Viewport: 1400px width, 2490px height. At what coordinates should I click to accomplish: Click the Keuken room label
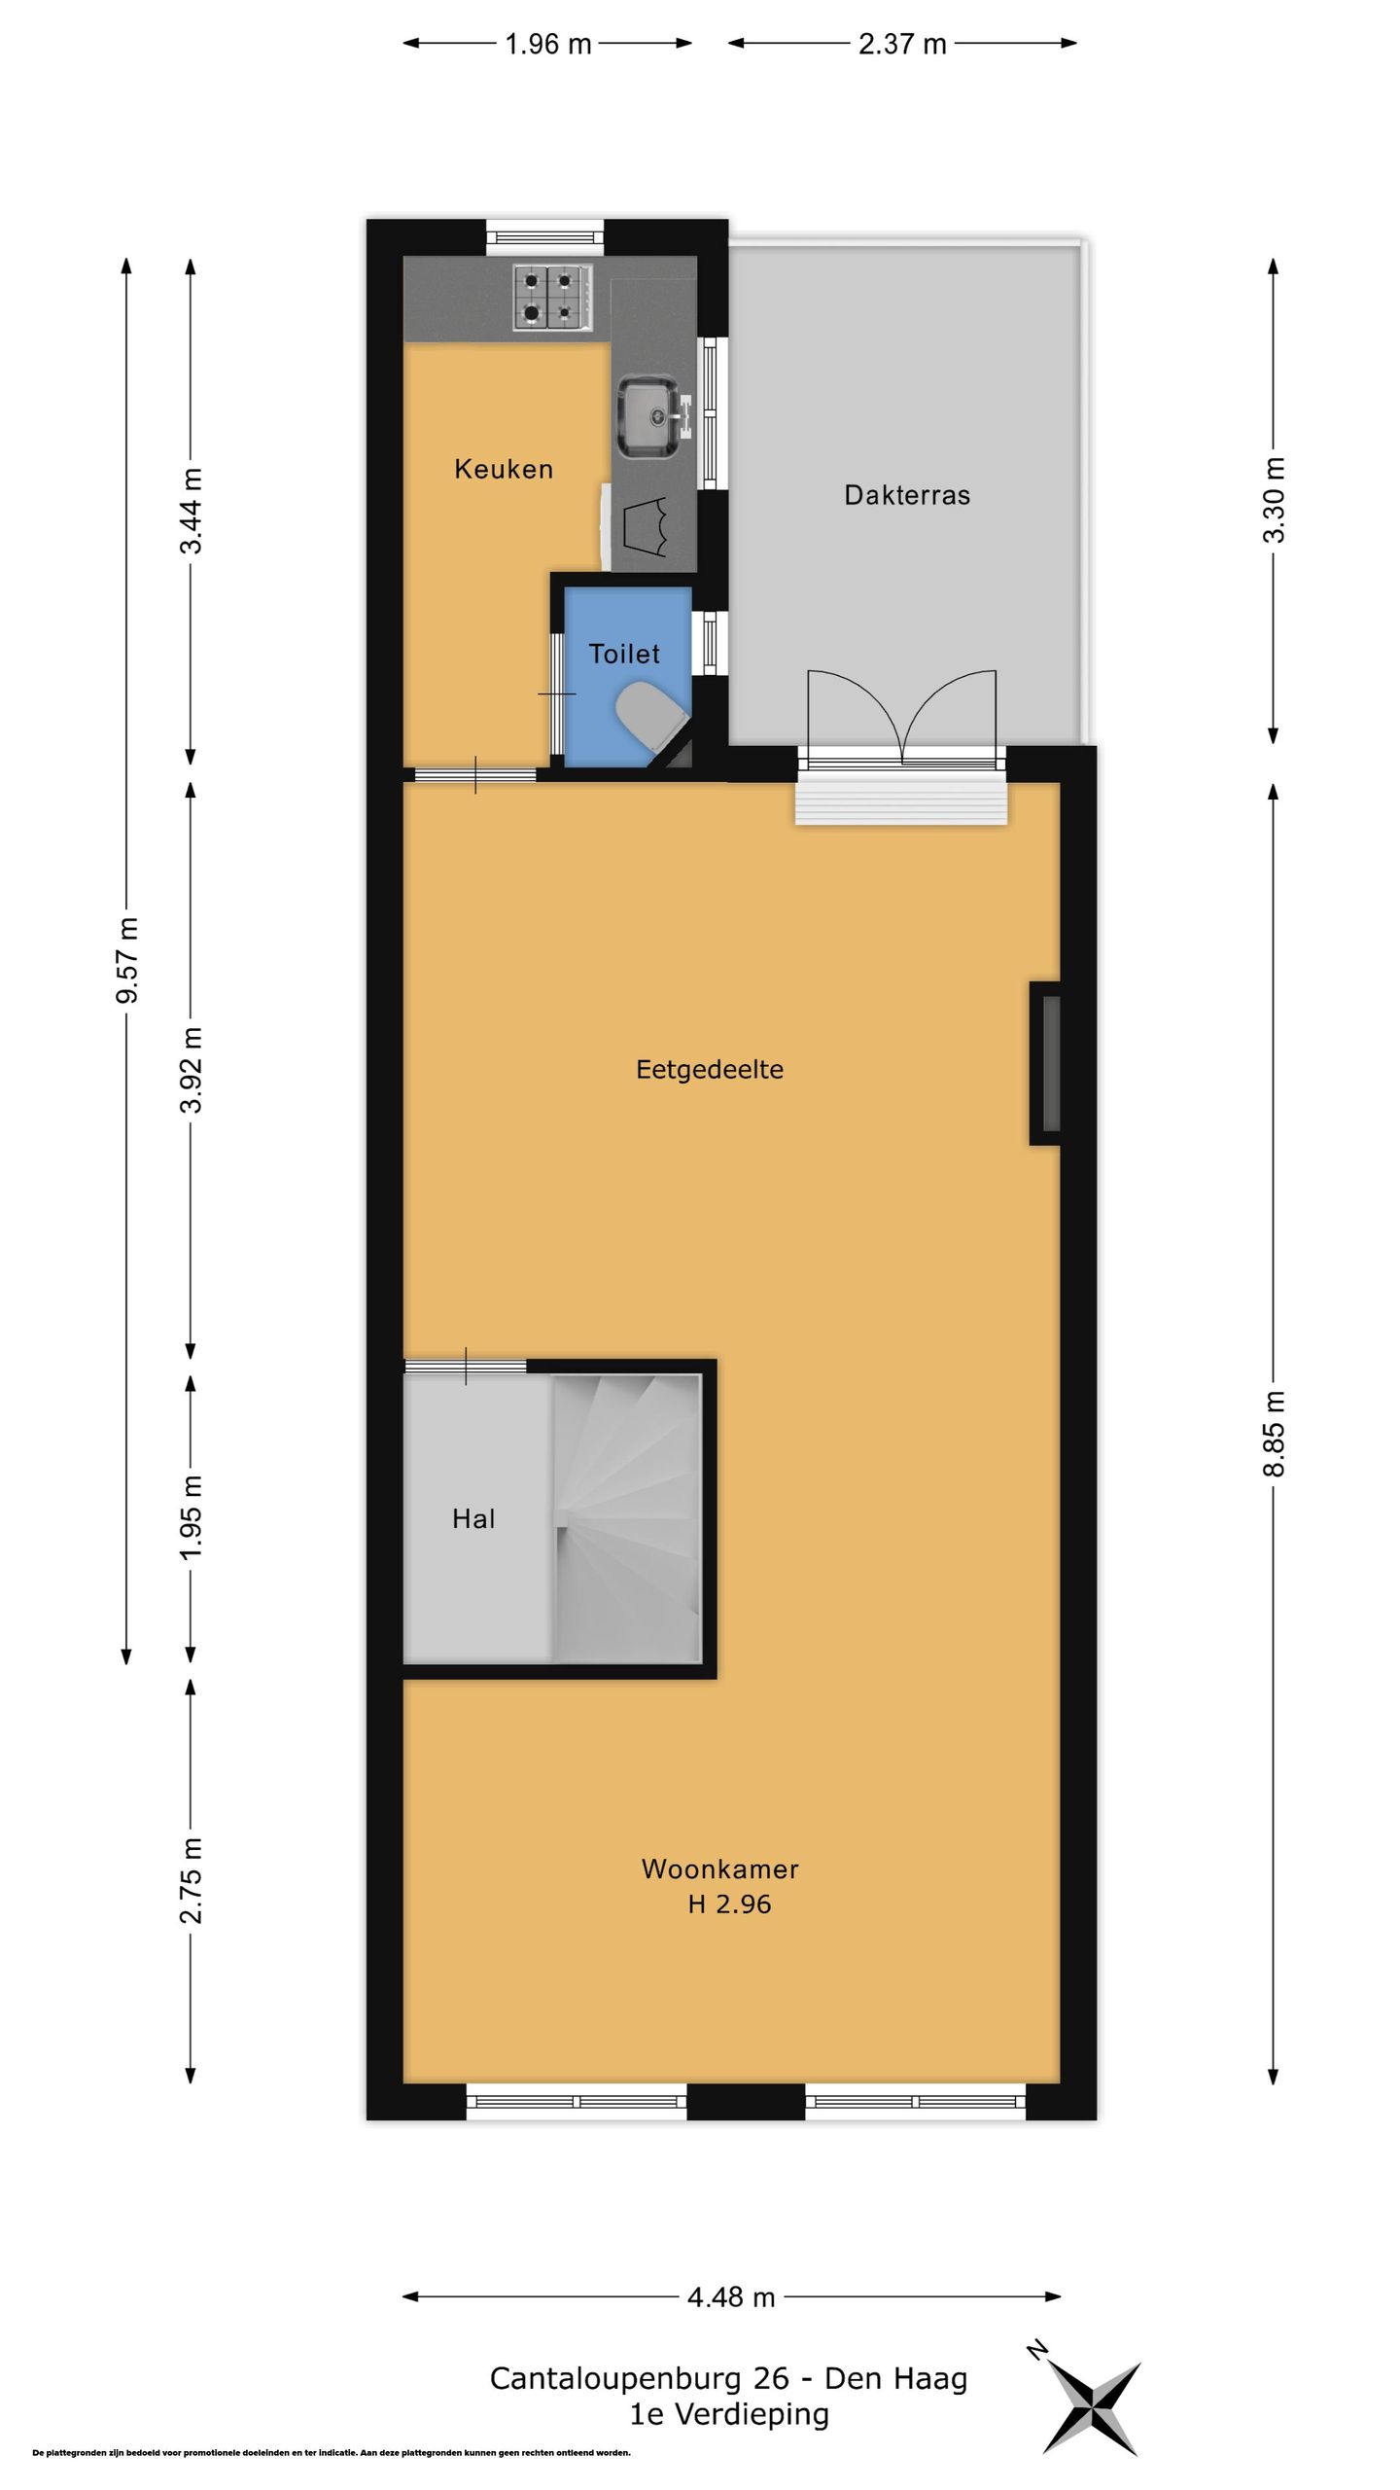[x=504, y=469]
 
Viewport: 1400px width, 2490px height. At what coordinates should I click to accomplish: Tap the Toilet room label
[x=624, y=654]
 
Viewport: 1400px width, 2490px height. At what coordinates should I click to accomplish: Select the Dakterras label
[x=907, y=495]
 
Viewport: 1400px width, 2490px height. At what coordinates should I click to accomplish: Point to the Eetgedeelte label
[x=710, y=1070]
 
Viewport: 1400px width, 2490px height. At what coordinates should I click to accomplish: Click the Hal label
[x=473, y=1519]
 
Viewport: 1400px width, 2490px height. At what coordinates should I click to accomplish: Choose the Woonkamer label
[x=720, y=1869]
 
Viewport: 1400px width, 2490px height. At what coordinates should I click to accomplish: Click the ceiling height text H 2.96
[x=729, y=1904]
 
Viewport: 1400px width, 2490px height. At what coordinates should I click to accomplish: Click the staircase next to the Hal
[x=627, y=1518]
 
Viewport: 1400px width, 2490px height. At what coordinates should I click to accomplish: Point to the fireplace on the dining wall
[x=1045, y=1063]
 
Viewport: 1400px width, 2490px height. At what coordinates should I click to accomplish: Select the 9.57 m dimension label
[x=127, y=960]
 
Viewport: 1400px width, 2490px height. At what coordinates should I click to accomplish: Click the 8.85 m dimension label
[x=1274, y=1434]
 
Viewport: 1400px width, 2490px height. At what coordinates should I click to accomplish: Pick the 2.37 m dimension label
[x=902, y=44]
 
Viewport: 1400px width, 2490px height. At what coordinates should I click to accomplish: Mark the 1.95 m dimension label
[x=192, y=1517]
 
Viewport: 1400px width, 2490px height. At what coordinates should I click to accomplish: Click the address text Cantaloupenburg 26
[x=639, y=2379]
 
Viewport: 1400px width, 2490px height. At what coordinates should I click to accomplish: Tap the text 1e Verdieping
[x=729, y=2414]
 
